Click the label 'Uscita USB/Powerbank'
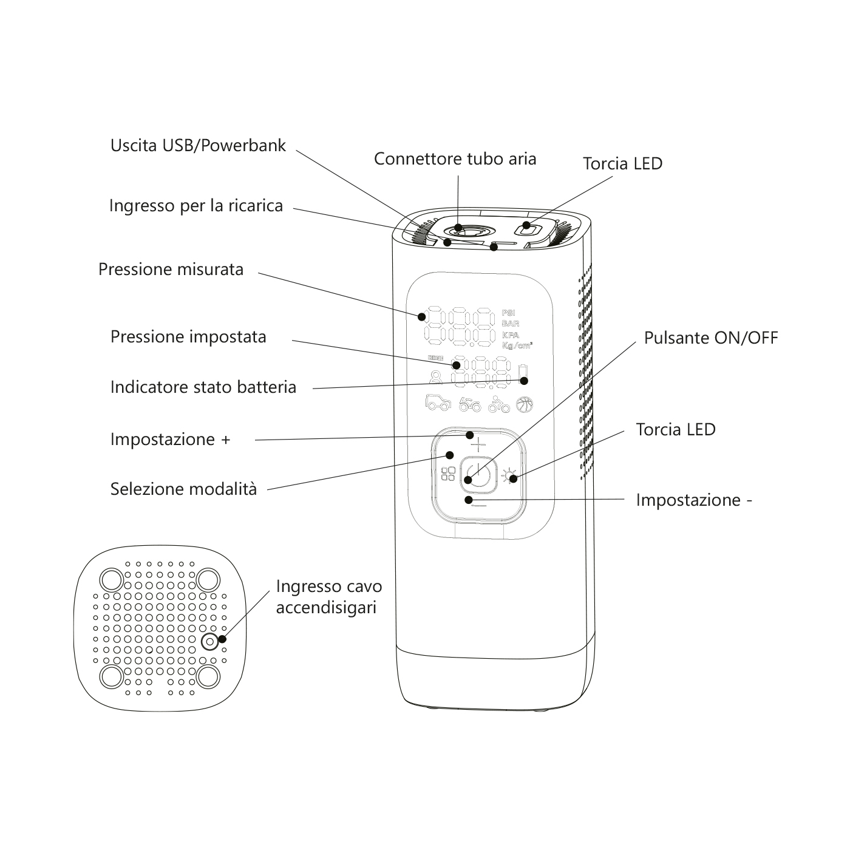click(x=198, y=146)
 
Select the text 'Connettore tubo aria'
click(x=455, y=159)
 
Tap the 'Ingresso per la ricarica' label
click(x=196, y=206)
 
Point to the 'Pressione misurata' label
click(x=171, y=270)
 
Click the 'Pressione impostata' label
click(x=188, y=337)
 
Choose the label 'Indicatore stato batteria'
click(x=203, y=387)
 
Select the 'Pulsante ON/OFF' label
click(x=710, y=338)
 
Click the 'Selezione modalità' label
click(x=183, y=489)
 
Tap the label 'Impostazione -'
click(x=694, y=500)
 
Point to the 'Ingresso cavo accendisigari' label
click(x=328, y=597)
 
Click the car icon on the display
click(x=438, y=403)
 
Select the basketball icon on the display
click(x=524, y=404)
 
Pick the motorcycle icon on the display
click(x=469, y=404)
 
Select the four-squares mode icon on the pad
click(x=448, y=474)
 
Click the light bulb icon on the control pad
click(x=509, y=474)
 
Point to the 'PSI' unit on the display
click(x=508, y=313)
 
